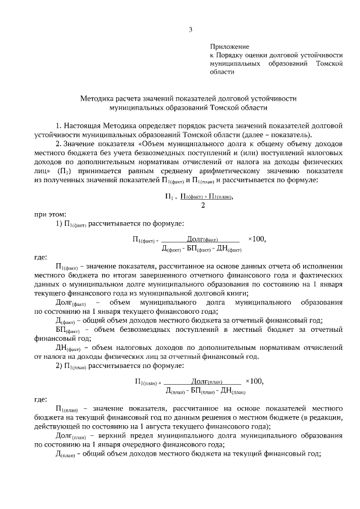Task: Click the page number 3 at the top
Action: (190, 30)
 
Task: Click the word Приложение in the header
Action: (229, 47)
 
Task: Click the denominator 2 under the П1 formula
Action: (202, 205)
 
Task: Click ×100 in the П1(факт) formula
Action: (256, 238)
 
